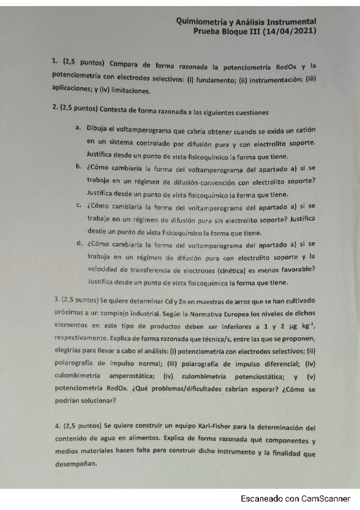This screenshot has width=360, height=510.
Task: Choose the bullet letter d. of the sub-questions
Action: click(79, 244)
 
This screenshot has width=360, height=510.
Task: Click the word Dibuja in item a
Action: click(98, 129)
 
